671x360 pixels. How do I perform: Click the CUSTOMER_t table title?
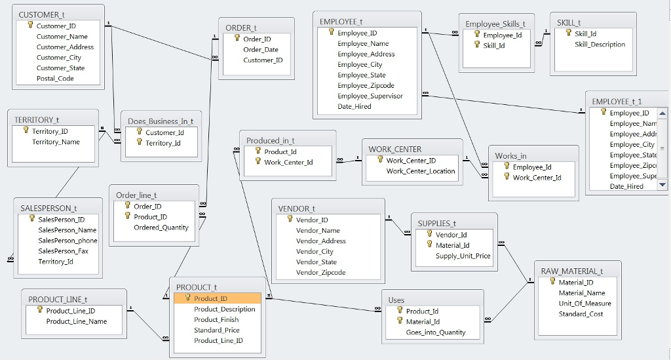(x=42, y=14)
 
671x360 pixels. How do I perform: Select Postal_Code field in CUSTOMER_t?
(x=55, y=78)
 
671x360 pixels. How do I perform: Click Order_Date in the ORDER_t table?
(x=260, y=49)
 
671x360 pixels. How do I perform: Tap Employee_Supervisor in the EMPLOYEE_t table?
(x=370, y=96)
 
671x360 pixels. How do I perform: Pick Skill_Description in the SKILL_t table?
(x=600, y=45)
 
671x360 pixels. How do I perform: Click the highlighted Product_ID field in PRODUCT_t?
(x=216, y=298)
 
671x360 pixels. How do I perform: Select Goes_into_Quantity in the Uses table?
(x=436, y=332)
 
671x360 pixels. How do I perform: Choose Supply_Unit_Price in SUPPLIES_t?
(x=463, y=256)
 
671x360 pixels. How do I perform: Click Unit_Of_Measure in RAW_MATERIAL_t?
(x=585, y=304)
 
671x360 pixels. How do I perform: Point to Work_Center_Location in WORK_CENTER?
(x=420, y=171)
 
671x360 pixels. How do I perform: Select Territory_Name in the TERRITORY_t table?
(x=56, y=142)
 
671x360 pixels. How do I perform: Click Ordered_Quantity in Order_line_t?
(x=161, y=228)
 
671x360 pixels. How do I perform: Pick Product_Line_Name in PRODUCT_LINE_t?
(x=76, y=321)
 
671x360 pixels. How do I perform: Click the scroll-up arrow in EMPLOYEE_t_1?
(x=662, y=113)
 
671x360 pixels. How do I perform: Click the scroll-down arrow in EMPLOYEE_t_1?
(x=662, y=186)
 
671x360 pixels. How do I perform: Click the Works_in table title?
(x=510, y=155)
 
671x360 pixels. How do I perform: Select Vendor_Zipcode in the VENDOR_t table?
(x=320, y=272)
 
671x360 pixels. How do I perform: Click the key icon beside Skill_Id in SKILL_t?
(x=568, y=33)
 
